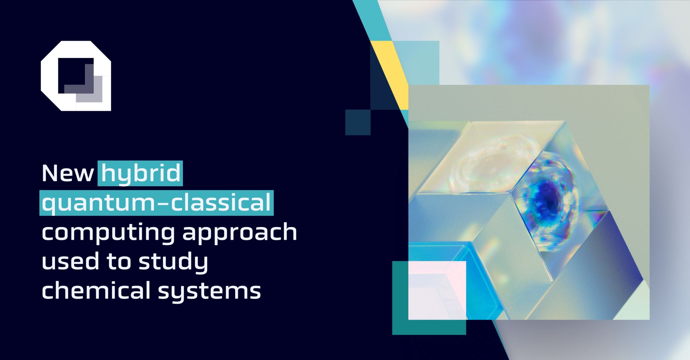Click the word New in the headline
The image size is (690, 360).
click(x=67, y=173)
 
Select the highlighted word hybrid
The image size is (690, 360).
click(x=141, y=173)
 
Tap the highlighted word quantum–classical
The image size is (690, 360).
click(x=157, y=203)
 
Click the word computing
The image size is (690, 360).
click(x=108, y=232)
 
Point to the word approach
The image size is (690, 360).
click(x=240, y=232)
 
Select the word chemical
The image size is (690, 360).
click(x=96, y=290)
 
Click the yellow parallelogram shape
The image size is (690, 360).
click(x=391, y=71)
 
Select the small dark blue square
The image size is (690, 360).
click(x=358, y=122)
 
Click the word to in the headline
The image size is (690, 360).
click(x=119, y=261)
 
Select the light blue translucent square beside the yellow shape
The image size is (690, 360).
click(x=421, y=62)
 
